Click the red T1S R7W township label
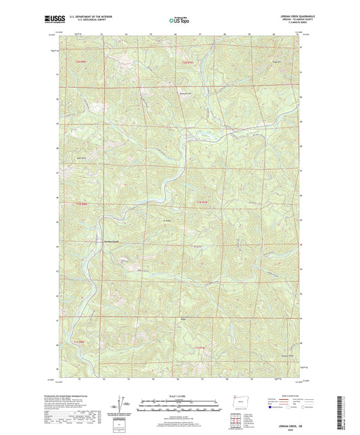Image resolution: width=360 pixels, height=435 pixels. pos(199,347)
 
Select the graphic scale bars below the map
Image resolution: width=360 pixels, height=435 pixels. pos(180,405)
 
